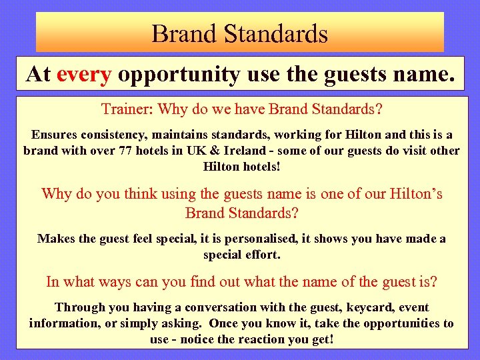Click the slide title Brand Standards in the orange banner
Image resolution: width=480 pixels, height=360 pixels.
pyautogui.click(x=239, y=33)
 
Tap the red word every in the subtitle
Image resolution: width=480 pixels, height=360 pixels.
pyautogui.click(x=84, y=75)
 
